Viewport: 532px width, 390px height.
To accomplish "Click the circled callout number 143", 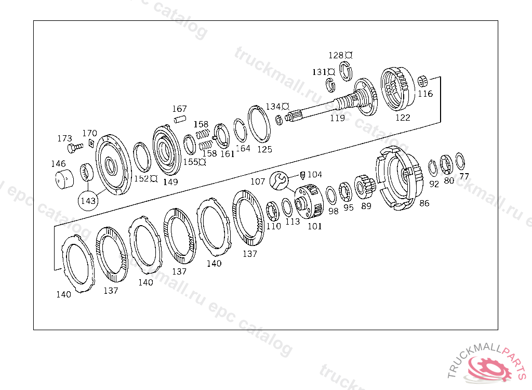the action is click(88, 201).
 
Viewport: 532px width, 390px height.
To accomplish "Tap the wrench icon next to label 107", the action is click(279, 180).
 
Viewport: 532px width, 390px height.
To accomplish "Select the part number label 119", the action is click(338, 118).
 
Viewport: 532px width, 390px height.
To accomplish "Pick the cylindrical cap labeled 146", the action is click(64, 179).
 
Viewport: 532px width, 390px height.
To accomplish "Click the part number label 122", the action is click(403, 118).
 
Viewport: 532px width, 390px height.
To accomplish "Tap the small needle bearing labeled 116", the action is click(422, 82).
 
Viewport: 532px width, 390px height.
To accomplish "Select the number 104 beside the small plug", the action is click(314, 174).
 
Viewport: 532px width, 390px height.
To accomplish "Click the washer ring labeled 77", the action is click(460, 161).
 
